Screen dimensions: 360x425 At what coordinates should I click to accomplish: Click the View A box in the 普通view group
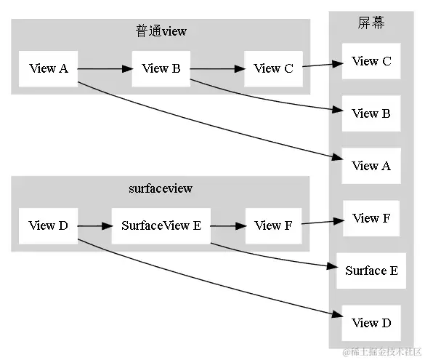tap(48, 69)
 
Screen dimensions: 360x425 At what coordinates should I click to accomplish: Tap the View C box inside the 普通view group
tap(273, 69)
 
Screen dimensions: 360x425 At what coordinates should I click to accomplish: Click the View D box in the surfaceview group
tap(48, 225)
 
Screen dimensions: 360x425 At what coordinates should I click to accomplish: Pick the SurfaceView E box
tap(161, 225)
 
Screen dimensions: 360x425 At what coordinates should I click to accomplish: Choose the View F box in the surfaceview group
tap(273, 225)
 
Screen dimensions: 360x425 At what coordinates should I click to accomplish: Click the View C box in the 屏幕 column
tap(371, 61)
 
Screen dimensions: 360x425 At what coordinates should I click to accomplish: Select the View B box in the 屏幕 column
tap(371, 113)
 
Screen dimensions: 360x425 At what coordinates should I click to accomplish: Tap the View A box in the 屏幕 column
tap(371, 166)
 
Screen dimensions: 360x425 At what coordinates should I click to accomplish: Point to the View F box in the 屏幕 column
tap(371, 218)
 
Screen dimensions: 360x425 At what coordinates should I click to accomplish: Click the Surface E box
tap(371, 271)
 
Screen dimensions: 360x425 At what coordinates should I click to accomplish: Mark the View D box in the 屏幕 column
tap(371, 323)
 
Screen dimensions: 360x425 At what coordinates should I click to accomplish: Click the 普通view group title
tap(161, 31)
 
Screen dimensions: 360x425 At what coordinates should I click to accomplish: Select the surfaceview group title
tap(161, 188)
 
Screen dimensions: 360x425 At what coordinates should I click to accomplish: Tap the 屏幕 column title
tap(371, 23)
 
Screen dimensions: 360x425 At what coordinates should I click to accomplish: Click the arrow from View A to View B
tap(104, 69)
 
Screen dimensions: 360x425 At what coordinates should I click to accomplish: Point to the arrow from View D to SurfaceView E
tap(94, 225)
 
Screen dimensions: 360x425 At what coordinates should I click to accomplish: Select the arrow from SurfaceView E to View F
tap(227, 225)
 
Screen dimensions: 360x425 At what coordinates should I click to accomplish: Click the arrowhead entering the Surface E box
tap(331, 265)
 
